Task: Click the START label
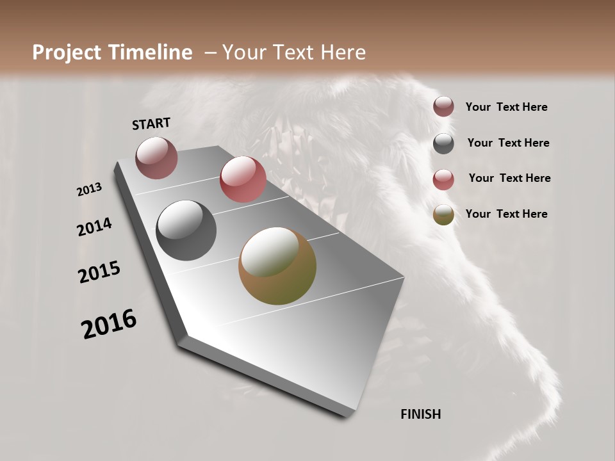(151, 124)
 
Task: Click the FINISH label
(420, 414)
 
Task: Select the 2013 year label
(90, 190)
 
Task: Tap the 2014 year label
(94, 227)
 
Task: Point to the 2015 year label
(99, 272)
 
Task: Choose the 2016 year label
(109, 324)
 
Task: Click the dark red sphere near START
(156, 158)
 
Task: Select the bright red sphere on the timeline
(243, 179)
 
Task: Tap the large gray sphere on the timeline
(186, 230)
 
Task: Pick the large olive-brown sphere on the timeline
(277, 266)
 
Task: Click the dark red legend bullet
(443, 107)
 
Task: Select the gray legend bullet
(443, 143)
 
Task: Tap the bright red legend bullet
(443, 179)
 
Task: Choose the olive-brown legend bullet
(443, 214)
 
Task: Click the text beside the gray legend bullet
(508, 143)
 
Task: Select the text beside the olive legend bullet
(506, 214)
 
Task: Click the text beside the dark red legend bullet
(506, 107)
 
